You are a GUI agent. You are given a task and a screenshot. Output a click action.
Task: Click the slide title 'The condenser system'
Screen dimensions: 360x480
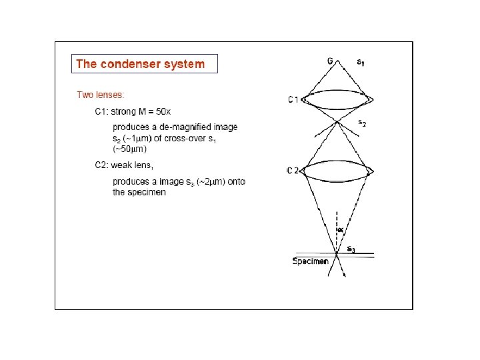(140, 64)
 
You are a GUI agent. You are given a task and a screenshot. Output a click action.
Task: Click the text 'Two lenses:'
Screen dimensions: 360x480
(100, 95)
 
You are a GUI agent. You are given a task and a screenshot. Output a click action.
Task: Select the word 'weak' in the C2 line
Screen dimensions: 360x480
(133, 165)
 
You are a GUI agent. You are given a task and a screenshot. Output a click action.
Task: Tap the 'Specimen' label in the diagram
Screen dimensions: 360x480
(311, 261)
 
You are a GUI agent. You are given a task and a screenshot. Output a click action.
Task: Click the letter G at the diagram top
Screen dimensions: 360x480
(330, 61)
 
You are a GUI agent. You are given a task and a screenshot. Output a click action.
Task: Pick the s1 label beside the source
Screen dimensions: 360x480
(361, 63)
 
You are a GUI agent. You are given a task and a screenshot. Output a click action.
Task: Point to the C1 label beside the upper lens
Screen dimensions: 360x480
(293, 100)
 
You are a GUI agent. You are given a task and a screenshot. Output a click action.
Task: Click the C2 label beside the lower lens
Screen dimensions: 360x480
(293, 171)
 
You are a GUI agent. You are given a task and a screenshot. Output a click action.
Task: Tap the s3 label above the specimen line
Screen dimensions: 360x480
(351, 249)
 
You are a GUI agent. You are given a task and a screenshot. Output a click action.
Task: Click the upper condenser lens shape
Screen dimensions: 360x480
(338, 99)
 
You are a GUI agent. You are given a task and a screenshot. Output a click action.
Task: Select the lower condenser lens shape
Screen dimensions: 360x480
(338, 170)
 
